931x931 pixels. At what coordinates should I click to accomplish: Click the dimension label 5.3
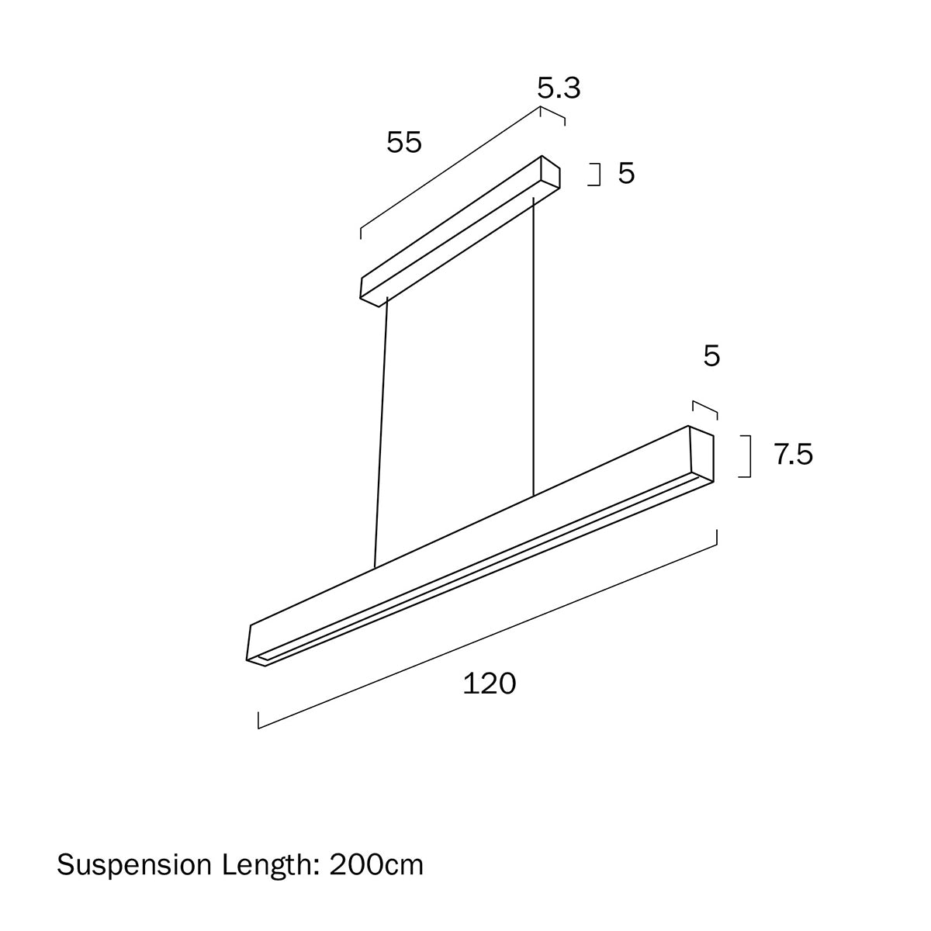tap(559, 89)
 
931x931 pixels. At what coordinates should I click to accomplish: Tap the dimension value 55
tap(404, 143)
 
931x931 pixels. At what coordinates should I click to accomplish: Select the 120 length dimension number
tap(489, 684)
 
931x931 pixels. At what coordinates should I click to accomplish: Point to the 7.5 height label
tap(793, 455)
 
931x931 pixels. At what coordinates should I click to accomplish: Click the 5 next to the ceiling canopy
tap(626, 174)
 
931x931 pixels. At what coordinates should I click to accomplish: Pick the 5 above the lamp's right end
tap(711, 356)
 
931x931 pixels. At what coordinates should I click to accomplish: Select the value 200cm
tap(376, 864)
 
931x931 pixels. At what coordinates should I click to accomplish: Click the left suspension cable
tap(380, 434)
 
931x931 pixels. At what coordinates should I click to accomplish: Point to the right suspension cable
tap(534, 349)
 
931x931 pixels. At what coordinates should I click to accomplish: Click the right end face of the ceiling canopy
tap(551, 174)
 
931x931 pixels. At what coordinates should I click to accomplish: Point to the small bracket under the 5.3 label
tap(552, 114)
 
